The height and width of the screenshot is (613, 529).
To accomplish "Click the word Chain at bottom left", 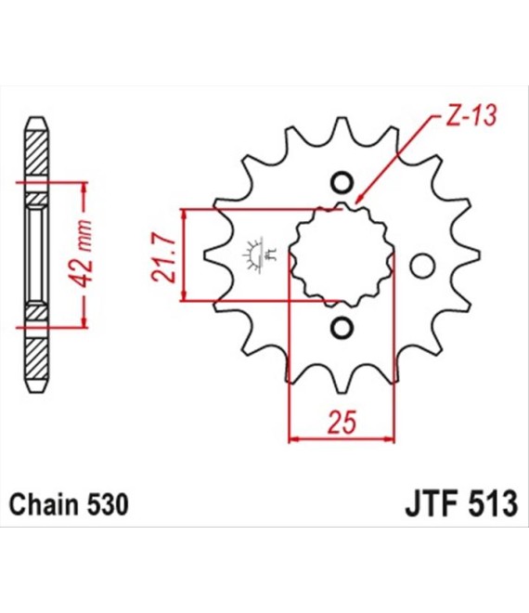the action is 45,504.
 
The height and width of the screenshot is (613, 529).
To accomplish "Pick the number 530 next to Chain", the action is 107,504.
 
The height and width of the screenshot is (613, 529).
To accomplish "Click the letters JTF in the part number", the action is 431,503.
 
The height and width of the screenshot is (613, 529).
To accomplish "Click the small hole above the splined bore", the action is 342,183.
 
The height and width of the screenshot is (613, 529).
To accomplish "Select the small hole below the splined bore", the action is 342,328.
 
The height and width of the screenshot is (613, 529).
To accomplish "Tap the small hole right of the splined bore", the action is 422,267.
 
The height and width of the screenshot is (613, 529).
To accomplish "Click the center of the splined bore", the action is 342,254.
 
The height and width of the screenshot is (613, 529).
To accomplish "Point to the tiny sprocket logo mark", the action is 259,254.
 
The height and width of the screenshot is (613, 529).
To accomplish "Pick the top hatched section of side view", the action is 37,152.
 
